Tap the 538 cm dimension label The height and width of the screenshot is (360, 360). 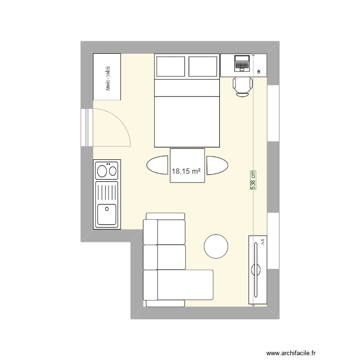(252, 180)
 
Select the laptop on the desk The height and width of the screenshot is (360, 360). (242, 63)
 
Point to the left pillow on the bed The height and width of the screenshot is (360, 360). (170, 66)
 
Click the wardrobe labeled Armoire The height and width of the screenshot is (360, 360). (107, 77)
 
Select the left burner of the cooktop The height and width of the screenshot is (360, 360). (102, 170)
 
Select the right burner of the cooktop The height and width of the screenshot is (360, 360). (113, 170)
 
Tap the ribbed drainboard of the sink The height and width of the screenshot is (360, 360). (107, 192)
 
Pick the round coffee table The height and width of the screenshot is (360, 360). (216, 246)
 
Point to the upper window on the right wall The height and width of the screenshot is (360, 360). (273, 113)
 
